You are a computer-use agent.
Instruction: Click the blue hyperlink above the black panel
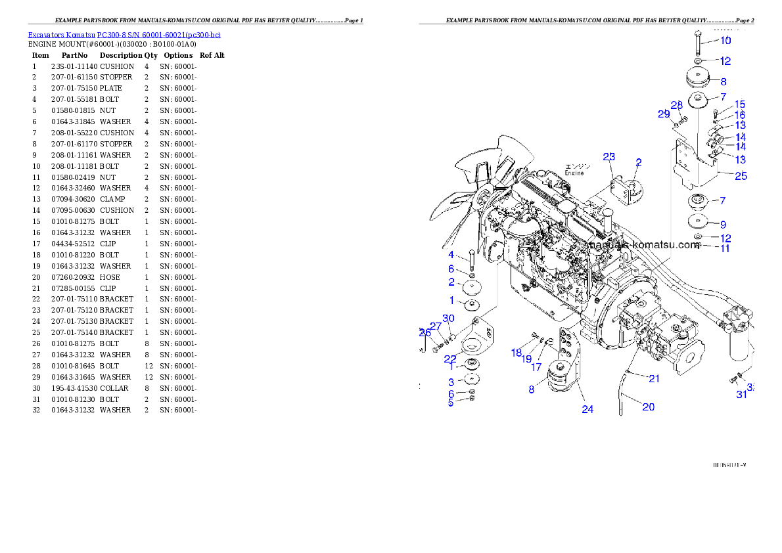[x=124, y=34]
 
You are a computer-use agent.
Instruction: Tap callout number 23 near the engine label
[x=609, y=156]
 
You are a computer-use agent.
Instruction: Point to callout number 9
[x=723, y=224]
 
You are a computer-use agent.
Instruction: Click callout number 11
[x=725, y=248]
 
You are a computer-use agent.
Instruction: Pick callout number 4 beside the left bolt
[x=451, y=254]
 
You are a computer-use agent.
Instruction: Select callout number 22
[x=450, y=359]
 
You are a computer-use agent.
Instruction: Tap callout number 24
[x=587, y=409]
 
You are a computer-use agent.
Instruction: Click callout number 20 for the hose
[x=648, y=407]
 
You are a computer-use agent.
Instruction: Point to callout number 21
[x=654, y=378]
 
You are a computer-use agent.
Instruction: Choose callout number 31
[x=741, y=394]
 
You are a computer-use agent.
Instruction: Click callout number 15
[x=740, y=104]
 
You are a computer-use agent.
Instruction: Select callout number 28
[x=677, y=105]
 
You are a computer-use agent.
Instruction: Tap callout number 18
[x=517, y=353]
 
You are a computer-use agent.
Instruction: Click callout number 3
[x=451, y=382]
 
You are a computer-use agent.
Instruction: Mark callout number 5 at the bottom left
[x=451, y=403]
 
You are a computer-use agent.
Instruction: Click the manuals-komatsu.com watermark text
[x=644, y=245]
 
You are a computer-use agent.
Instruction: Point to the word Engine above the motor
[x=574, y=173]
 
